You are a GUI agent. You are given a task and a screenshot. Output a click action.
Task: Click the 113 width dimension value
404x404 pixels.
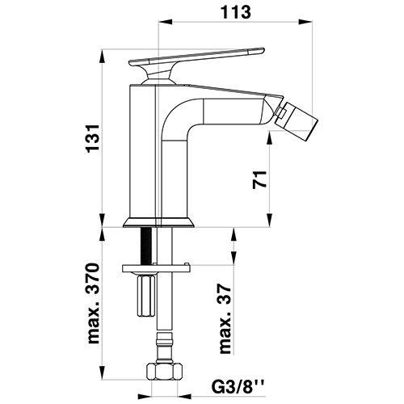click(236, 12)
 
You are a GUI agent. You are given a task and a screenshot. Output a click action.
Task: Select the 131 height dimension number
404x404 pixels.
click(93, 139)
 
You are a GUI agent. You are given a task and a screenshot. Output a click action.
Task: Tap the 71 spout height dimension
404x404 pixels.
click(259, 179)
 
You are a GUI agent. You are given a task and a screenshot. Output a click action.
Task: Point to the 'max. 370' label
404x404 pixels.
click(94, 304)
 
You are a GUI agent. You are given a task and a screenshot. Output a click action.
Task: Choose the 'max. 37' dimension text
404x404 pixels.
click(225, 318)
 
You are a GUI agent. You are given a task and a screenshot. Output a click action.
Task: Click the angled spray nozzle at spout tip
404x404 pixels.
click(297, 120)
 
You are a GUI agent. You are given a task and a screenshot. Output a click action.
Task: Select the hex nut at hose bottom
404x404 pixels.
click(164, 372)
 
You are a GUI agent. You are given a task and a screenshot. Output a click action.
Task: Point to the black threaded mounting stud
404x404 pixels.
click(145, 246)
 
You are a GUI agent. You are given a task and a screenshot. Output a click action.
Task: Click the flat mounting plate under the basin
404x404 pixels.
click(156, 268)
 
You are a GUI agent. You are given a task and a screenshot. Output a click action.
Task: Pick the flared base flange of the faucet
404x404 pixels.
click(158, 222)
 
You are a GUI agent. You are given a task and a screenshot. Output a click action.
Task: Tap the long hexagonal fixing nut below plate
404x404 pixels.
click(146, 296)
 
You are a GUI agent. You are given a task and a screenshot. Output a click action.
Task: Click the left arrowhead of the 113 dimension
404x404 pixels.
click(165, 22)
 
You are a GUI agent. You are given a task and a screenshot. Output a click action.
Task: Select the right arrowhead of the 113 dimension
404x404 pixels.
click(305, 22)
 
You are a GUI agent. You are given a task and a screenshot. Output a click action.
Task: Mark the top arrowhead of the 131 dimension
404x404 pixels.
click(103, 56)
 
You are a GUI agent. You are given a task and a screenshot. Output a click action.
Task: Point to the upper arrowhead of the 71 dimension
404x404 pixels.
click(270, 137)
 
